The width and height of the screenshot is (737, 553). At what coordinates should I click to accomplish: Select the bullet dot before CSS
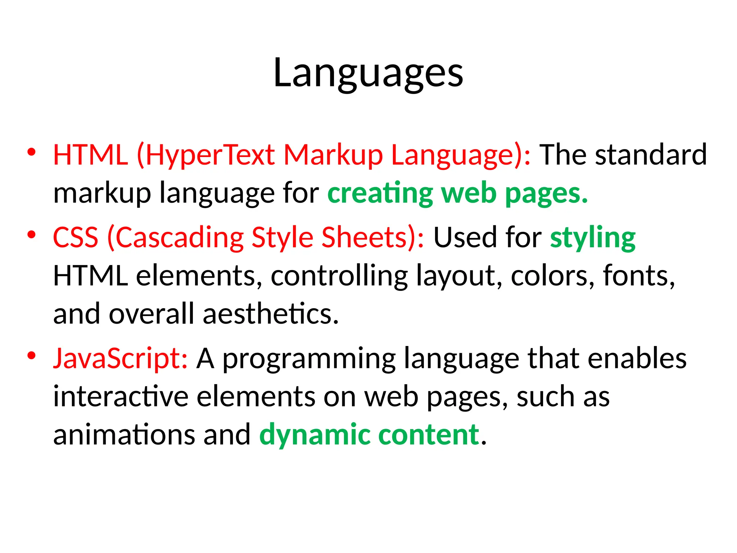click(x=32, y=235)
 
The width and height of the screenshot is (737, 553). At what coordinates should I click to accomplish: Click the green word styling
click(x=593, y=238)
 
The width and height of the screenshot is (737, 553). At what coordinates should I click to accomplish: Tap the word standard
click(x=651, y=155)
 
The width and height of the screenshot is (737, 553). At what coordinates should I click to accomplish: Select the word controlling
click(x=339, y=276)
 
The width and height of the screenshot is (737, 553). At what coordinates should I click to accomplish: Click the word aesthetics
click(x=271, y=314)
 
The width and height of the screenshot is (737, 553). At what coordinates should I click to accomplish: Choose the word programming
click(x=309, y=359)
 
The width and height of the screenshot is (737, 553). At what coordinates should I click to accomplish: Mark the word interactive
click(x=121, y=397)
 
